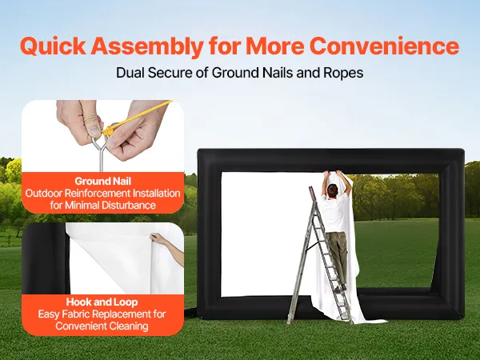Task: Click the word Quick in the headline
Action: click(54, 46)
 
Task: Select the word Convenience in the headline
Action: click(384, 46)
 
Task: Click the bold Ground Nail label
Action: click(103, 182)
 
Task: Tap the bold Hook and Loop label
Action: click(102, 302)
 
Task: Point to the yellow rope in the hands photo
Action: click(138, 118)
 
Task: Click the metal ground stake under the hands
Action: click(101, 154)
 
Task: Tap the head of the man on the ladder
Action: click(332, 190)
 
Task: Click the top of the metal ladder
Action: click(312, 189)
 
